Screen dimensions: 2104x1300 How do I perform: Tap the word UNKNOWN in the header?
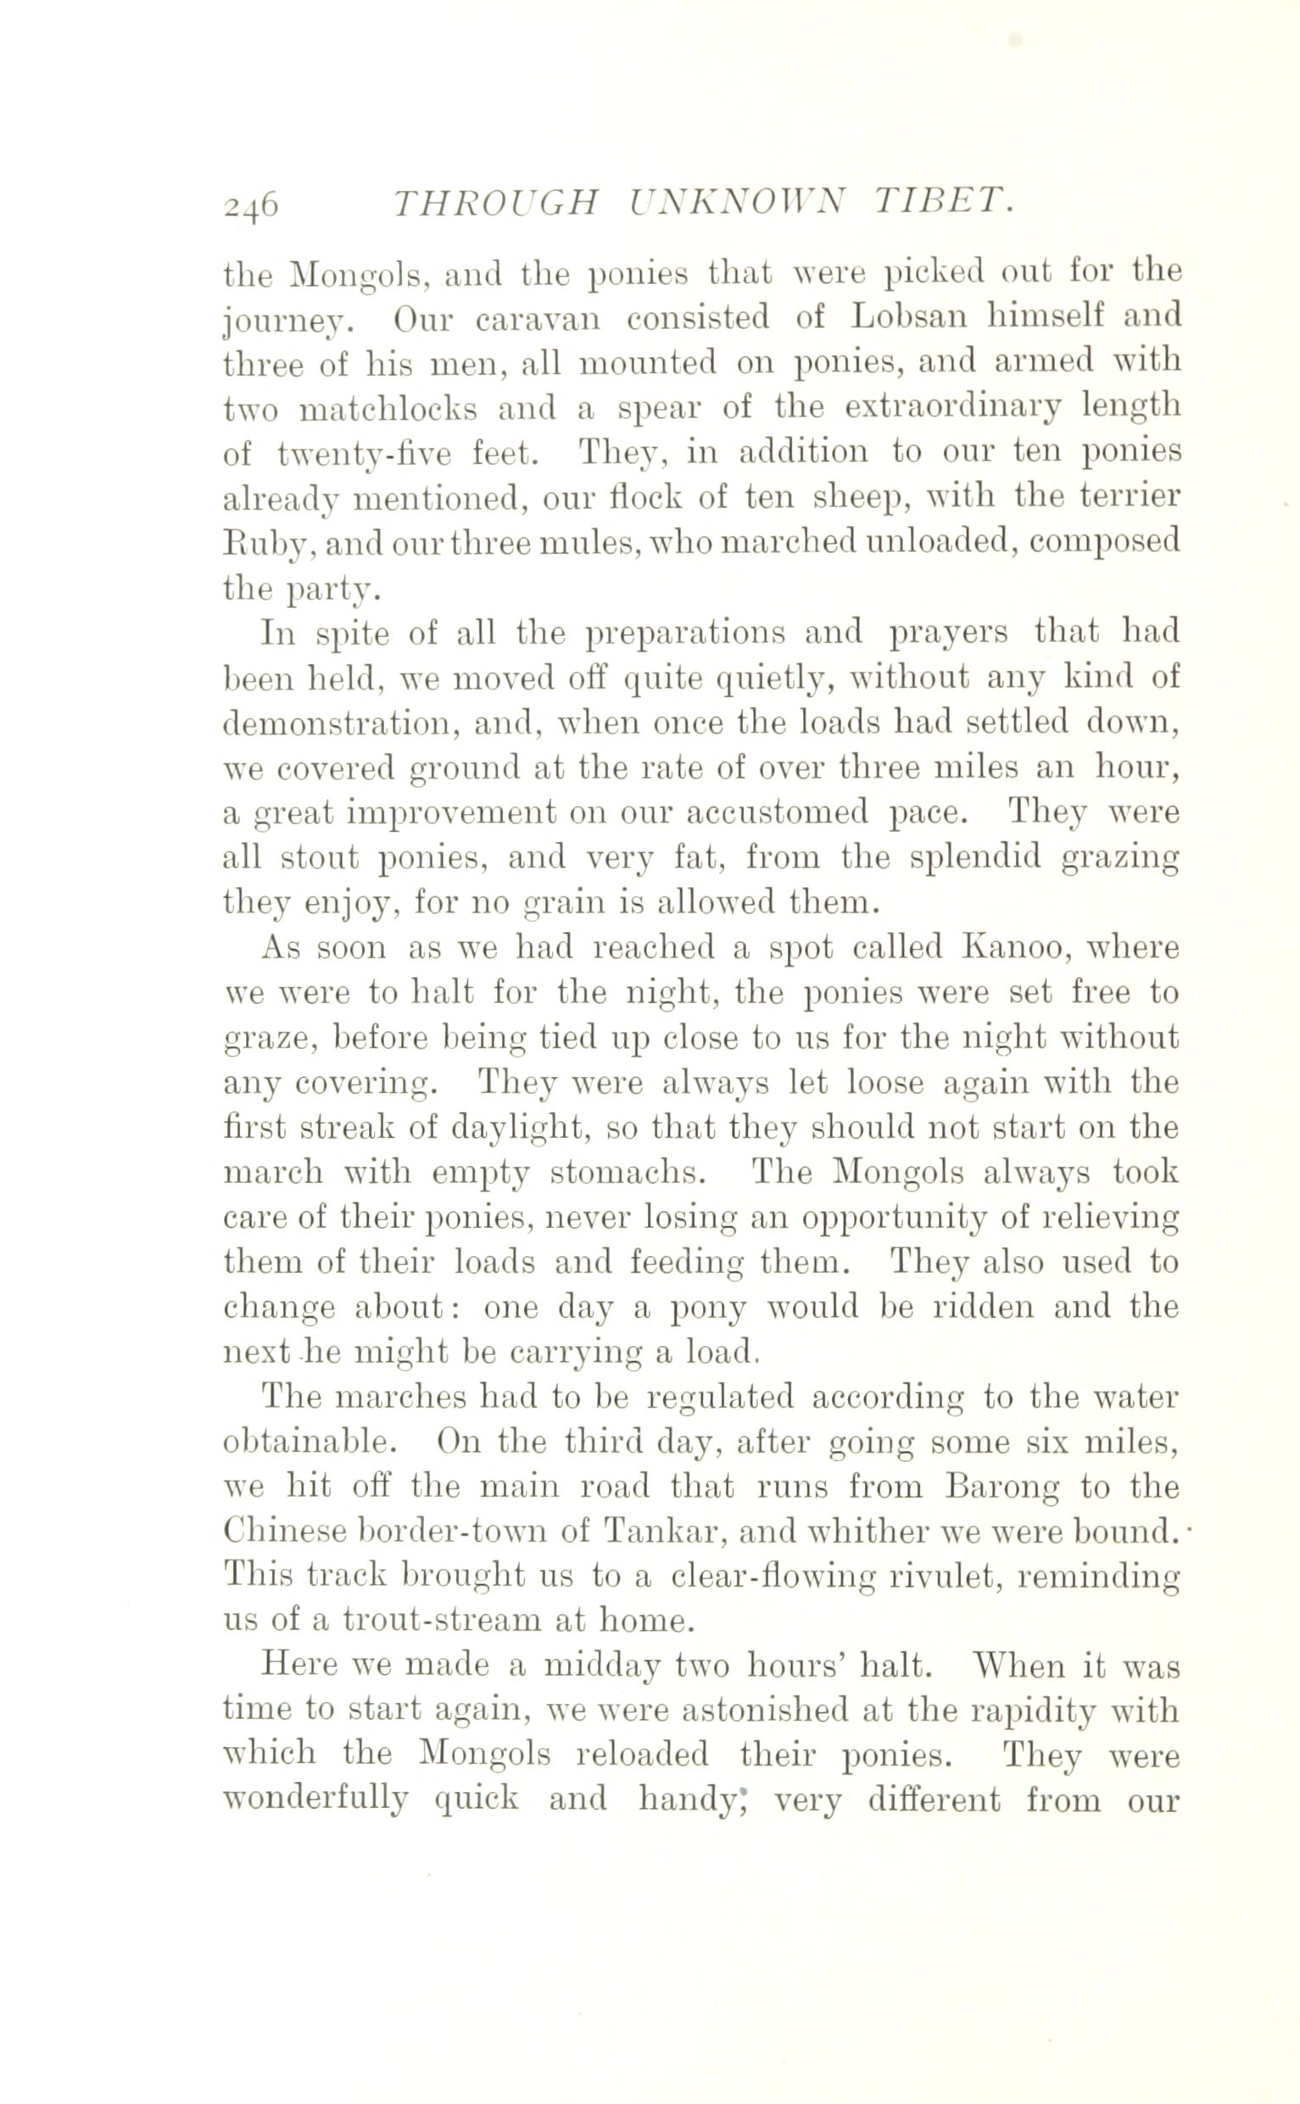[x=739, y=202]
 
